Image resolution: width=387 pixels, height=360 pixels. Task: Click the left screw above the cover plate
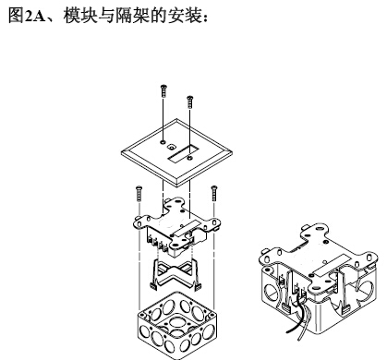pyautogui.click(x=163, y=90)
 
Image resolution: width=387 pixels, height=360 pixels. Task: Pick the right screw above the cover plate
pyautogui.click(x=190, y=102)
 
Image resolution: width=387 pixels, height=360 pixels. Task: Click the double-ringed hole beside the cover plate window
pyautogui.click(x=171, y=147)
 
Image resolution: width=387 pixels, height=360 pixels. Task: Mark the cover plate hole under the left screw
pyautogui.click(x=163, y=142)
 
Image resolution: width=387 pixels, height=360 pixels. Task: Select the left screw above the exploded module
pyautogui.click(x=139, y=193)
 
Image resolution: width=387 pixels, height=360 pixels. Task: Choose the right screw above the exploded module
pyautogui.click(x=214, y=193)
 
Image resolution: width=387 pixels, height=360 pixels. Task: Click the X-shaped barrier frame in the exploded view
pyautogui.click(x=175, y=273)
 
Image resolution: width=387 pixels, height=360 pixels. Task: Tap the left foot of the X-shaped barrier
pyautogui.click(x=153, y=287)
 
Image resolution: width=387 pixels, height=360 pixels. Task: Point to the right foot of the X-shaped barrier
pyautogui.click(x=198, y=287)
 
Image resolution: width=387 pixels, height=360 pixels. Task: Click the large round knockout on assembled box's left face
pyautogui.click(x=271, y=292)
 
